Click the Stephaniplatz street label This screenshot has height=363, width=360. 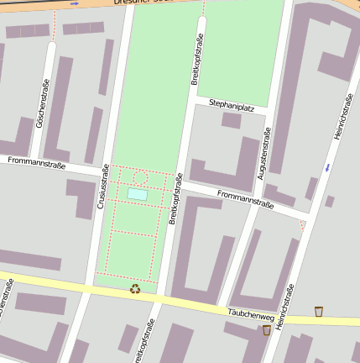point(232,108)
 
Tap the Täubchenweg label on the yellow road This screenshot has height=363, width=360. point(250,315)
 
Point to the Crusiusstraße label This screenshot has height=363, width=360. point(105,185)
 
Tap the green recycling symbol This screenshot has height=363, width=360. point(135,289)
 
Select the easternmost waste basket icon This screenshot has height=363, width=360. point(319,312)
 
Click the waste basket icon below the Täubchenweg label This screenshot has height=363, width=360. point(267,330)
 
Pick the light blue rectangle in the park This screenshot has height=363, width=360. point(137,194)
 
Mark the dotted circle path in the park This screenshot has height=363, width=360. point(140,177)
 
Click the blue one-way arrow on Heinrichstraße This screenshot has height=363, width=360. point(327,168)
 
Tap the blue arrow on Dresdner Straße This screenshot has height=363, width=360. point(74,4)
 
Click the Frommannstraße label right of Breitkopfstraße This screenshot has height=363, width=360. point(245,199)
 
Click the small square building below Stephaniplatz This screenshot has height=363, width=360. point(232,121)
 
